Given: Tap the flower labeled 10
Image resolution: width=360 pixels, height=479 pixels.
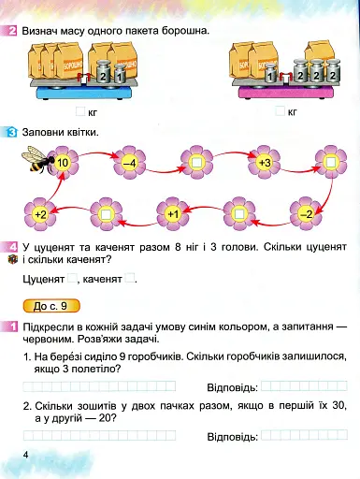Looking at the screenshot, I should pyautogui.click(x=63, y=164).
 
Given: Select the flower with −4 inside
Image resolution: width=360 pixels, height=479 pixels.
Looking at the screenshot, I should pyautogui.click(x=130, y=164).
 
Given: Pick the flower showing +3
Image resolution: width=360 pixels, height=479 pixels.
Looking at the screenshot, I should pyautogui.click(x=264, y=164).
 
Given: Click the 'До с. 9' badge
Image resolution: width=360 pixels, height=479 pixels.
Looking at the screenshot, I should pyautogui.click(x=49, y=305).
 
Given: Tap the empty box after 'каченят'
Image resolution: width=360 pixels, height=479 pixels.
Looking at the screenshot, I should pyautogui.click(x=131, y=279).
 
